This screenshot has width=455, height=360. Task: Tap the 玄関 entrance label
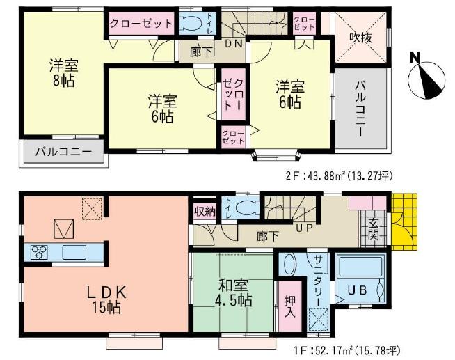coord(372,229)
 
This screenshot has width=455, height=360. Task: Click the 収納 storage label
coord(205,210)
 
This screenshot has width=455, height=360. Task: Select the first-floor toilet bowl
coord(245,208)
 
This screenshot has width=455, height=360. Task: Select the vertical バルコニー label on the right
coord(360,109)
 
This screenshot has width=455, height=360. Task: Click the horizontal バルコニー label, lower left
coord(59,151)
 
